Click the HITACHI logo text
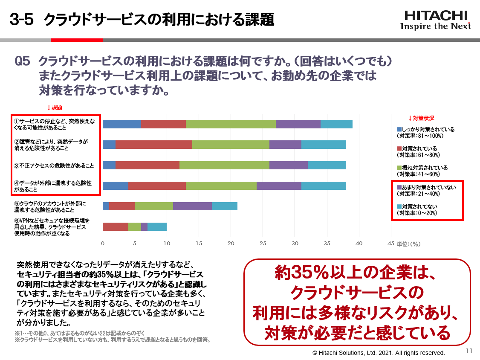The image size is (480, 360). click(435, 15)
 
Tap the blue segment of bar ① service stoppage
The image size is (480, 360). click(121, 124)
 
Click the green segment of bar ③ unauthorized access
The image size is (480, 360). click(224, 165)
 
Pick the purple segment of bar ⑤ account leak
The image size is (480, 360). click(192, 206)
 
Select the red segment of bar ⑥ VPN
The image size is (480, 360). click(115, 226)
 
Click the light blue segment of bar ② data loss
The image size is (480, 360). click(324, 145)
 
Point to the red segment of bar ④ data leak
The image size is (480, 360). click(157, 186)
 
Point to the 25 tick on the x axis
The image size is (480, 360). click(263, 244)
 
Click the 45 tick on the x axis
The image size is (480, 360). click(390, 244)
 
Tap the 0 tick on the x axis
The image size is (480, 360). click(103, 244)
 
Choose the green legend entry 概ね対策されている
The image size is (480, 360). click(422, 168)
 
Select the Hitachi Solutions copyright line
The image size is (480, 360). click(379, 353)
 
